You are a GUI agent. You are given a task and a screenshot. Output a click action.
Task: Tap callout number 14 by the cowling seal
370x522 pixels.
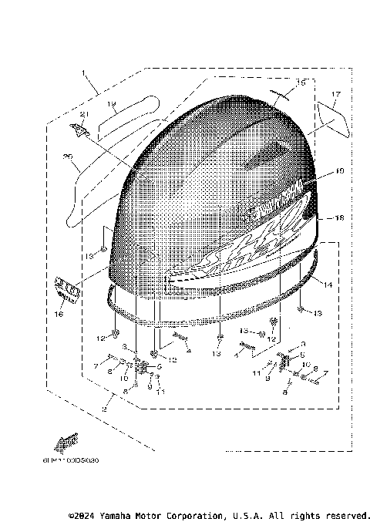pos(328,285)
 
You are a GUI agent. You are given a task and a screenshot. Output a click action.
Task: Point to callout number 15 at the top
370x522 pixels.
pos(301,82)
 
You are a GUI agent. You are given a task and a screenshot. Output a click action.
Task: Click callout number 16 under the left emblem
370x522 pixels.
pos(60,315)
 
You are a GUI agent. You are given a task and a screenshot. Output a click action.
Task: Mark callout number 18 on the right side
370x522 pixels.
pos(338,218)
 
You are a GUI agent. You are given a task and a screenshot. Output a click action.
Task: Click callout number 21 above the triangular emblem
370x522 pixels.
pos(84,116)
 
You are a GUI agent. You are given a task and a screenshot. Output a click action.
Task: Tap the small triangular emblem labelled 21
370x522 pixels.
pos(79,130)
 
